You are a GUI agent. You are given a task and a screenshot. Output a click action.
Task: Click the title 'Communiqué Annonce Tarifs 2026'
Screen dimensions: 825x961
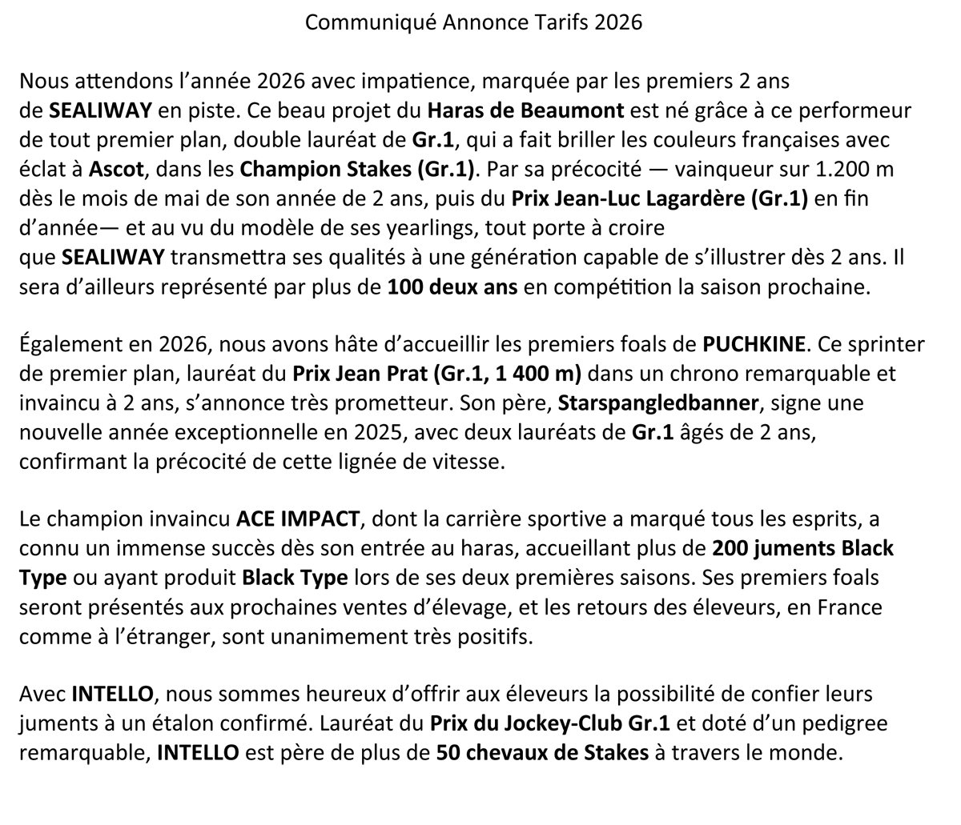tap(474, 22)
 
